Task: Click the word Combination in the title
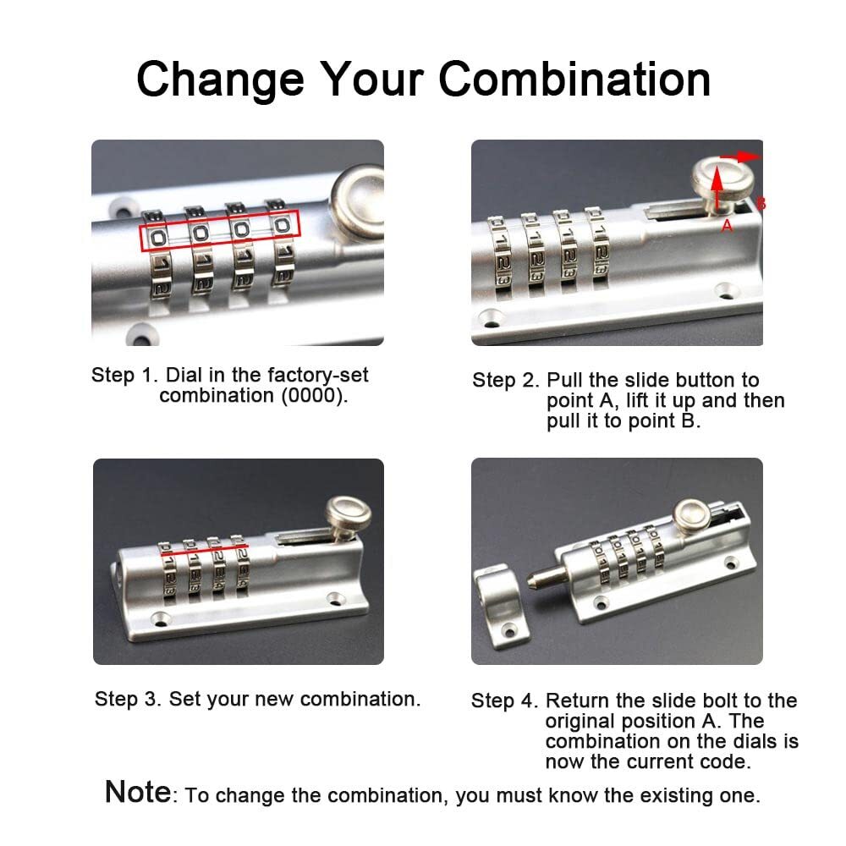(574, 79)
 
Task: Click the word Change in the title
(219, 79)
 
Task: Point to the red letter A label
(726, 226)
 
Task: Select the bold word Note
(138, 792)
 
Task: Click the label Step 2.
(506, 381)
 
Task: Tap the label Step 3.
(128, 699)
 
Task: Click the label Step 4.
(505, 701)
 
